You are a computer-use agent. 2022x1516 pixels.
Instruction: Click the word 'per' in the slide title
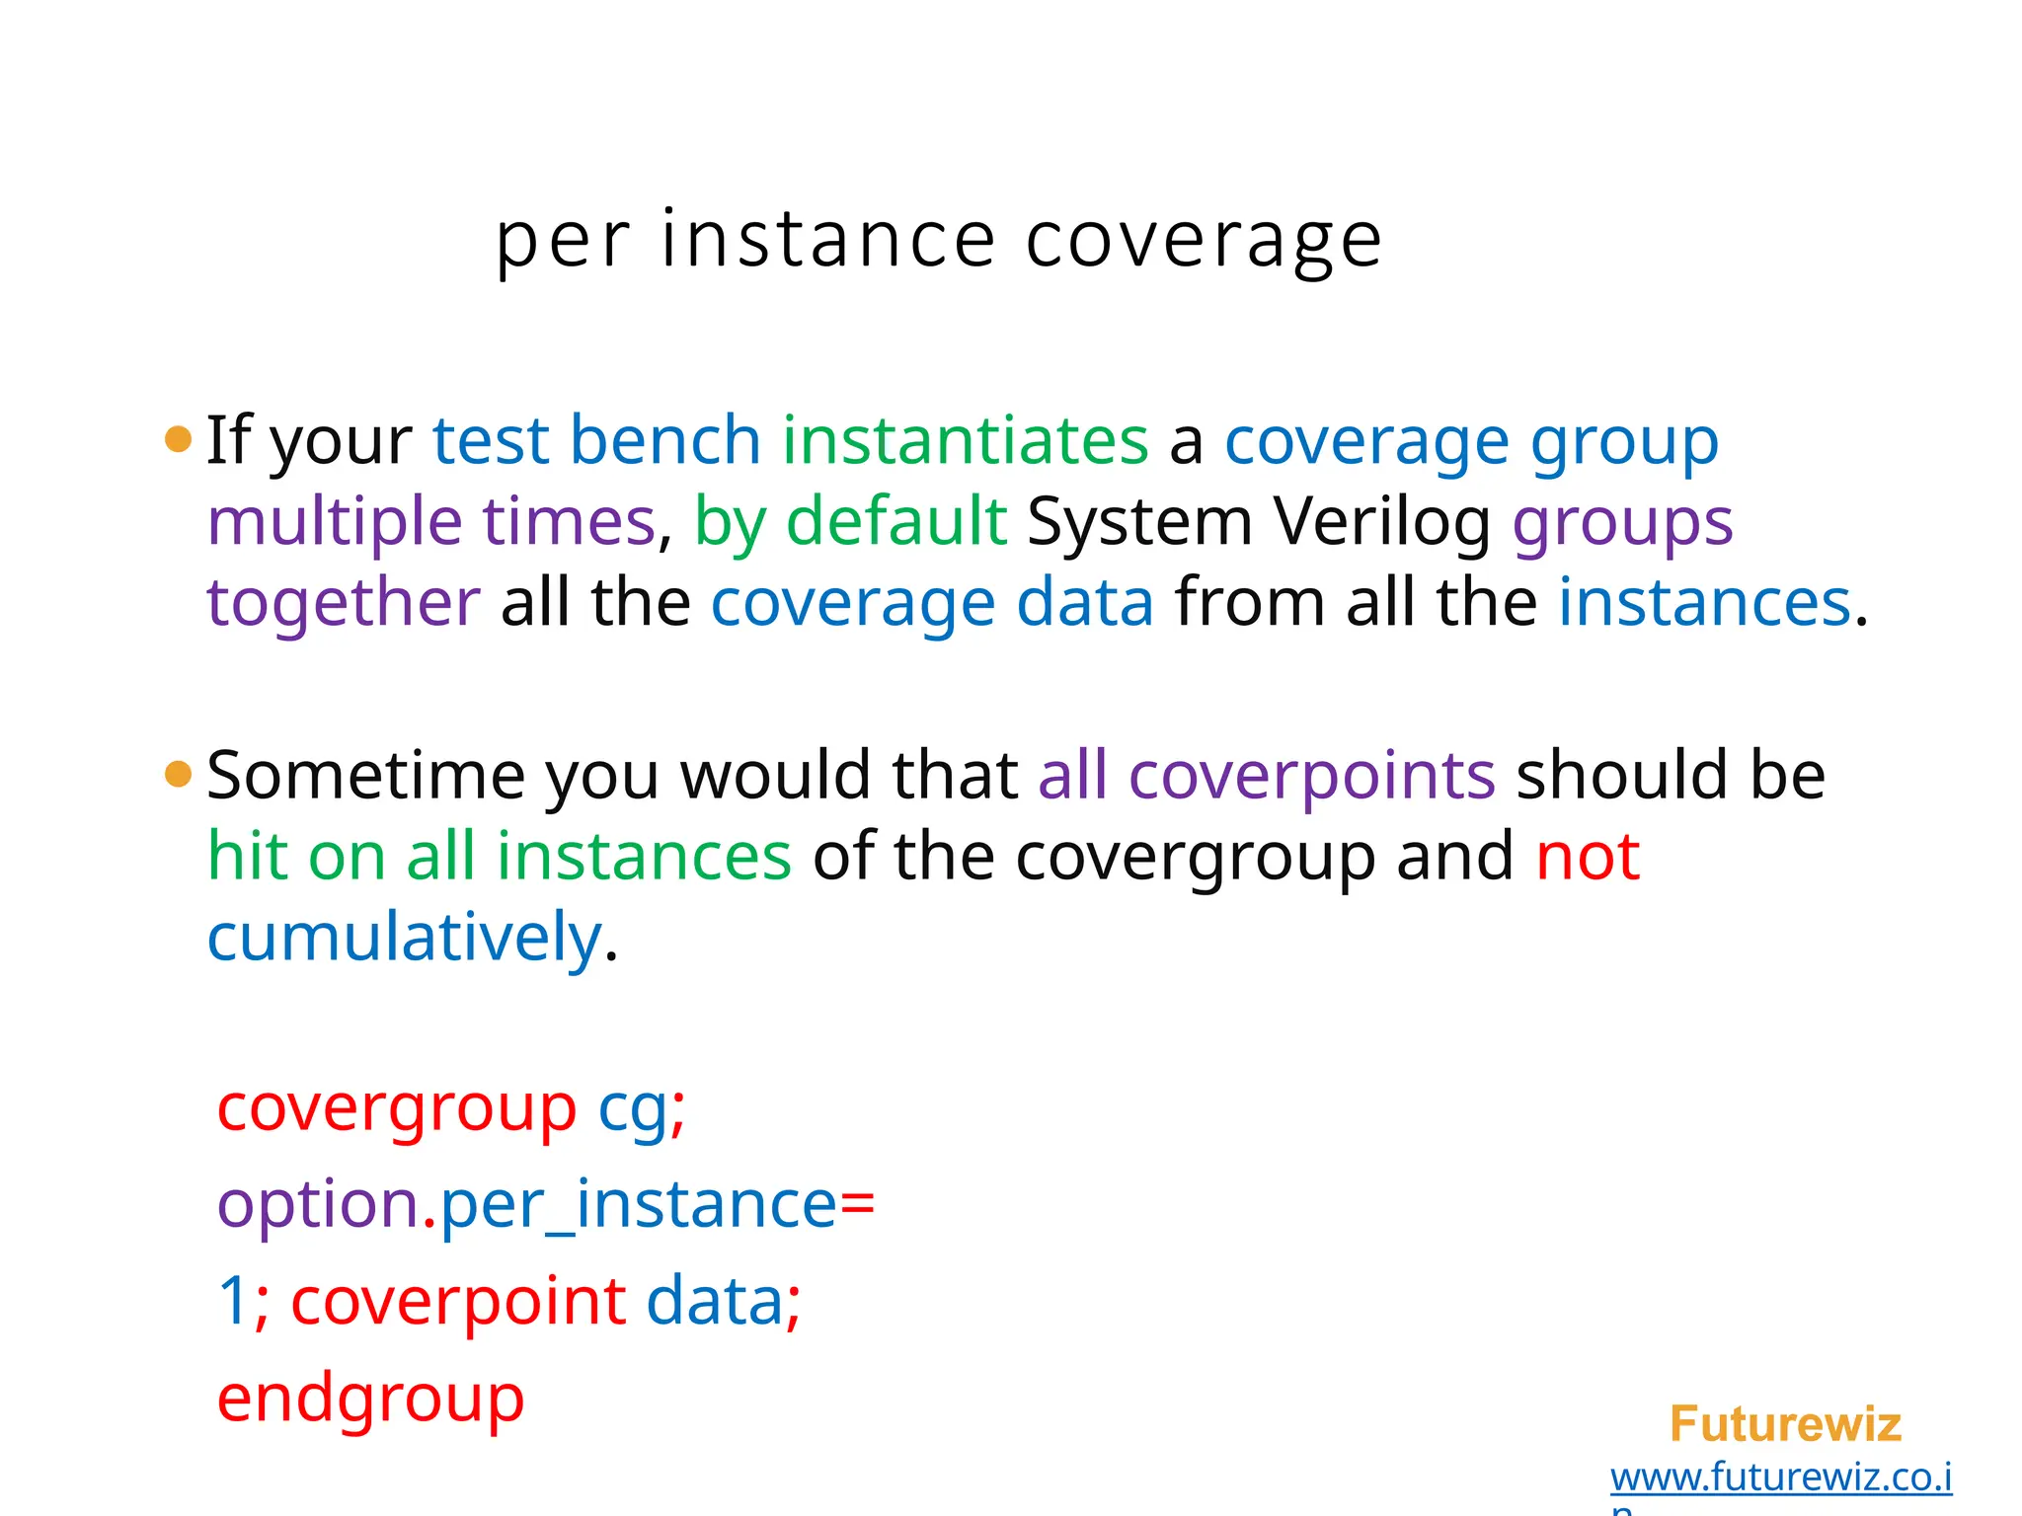pyautogui.click(x=561, y=242)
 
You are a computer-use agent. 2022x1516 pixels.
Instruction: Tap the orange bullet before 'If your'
pyautogui.click(x=178, y=438)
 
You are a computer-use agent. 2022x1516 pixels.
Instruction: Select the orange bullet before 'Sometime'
pyautogui.click(x=178, y=774)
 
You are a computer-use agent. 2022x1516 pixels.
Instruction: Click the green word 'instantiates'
pyautogui.click(x=965, y=440)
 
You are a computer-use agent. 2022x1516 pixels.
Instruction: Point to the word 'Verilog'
pyautogui.click(x=1381, y=521)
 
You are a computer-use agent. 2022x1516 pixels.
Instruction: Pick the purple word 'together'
pyautogui.click(x=343, y=603)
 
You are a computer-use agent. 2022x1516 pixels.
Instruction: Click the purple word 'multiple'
pyautogui.click(x=334, y=522)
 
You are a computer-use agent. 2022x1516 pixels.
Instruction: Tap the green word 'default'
pyautogui.click(x=895, y=521)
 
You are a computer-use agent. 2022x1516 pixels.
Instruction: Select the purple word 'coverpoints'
pyautogui.click(x=1311, y=776)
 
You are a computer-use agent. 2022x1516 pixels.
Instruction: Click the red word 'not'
pyautogui.click(x=1588, y=857)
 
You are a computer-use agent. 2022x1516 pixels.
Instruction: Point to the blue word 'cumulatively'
pyautogui.click(x=404, y=938)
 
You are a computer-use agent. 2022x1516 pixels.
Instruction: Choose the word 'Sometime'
pyautogui.click(x=365, y=776)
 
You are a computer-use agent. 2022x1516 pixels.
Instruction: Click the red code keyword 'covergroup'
pyautogui.click(x=396, y=1109)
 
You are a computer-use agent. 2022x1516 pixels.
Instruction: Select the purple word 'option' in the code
pyautogui.click(x=317, y=1206)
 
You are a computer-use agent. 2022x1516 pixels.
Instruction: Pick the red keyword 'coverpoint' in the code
pyautogui.click(x=458, y=1302)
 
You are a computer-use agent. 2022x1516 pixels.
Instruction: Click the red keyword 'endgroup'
pyautogui.click(x=370, y=1400)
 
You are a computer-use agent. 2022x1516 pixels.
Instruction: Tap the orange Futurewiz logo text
pyautogui.click(x=1785, y=1424)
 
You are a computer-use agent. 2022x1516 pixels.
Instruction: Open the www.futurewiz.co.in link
pyautogui.click(x=1780, y=1478)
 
